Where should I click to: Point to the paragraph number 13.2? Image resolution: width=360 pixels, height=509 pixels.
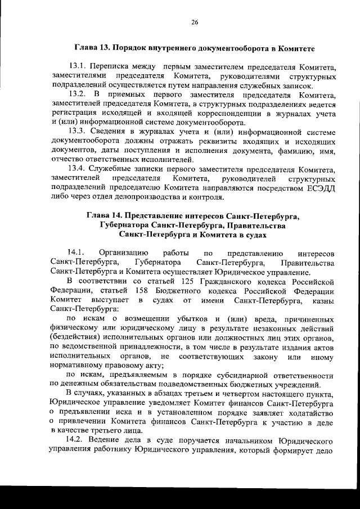(78, 94)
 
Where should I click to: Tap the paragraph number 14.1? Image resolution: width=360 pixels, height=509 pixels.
(75, 253)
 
